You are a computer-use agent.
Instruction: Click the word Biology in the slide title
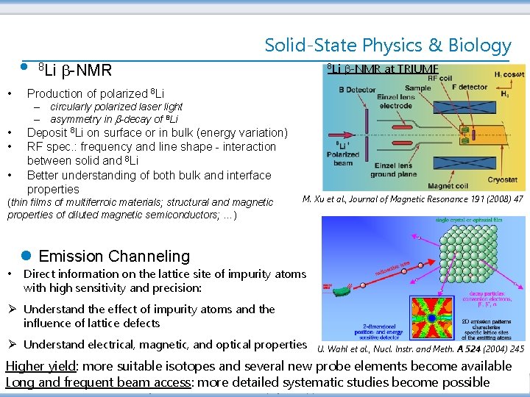point(478,46)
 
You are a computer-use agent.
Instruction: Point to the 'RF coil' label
point(435,77)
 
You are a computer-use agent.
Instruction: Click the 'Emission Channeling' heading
point(114,257)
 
